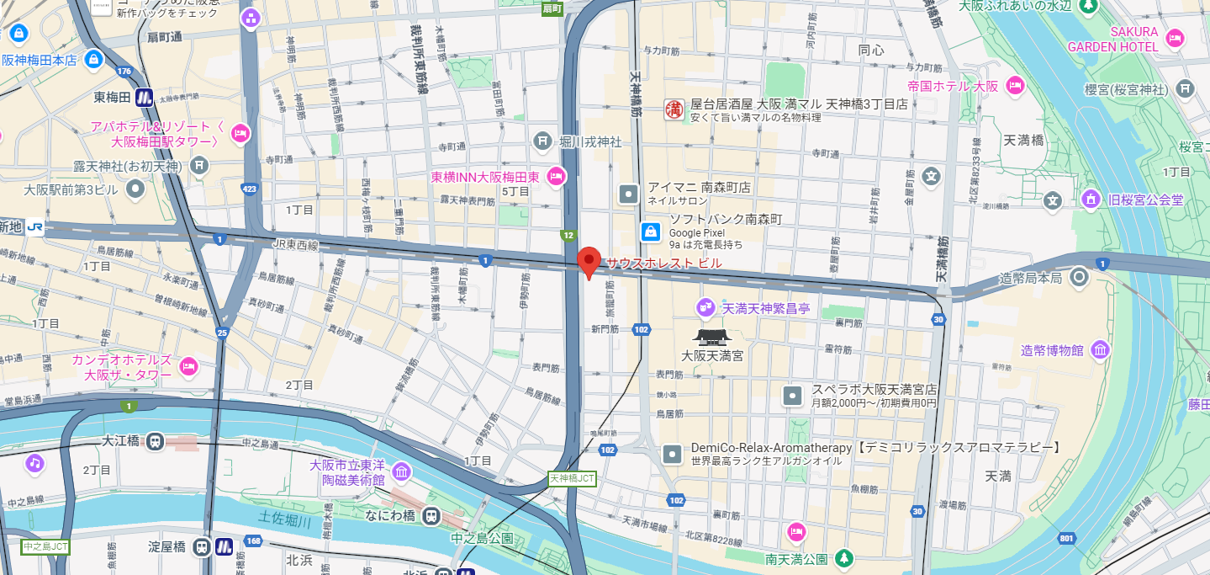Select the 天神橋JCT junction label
tap(572, 478)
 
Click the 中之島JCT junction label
tap(45, 546)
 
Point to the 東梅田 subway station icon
tap(144, 98)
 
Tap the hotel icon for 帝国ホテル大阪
tap(1016, 86)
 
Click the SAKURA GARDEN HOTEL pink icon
tap(1176, 38)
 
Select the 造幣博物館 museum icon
tap(1099, 350)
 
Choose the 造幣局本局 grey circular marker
tap(1080, 278)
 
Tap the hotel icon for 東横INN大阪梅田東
tap(556, 177)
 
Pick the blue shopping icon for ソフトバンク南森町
tap(650, 232)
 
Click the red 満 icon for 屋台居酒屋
tap(674, 109)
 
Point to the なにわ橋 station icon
tap(431, 515)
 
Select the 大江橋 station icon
tap(155, 441)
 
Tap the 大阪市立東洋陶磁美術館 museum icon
tap(402, 471)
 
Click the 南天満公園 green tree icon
tap(844, 558)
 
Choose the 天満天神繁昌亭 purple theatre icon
tap(705, 308)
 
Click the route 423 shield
tap(250, 189)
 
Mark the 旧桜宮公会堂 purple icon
tap(1091, 200)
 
